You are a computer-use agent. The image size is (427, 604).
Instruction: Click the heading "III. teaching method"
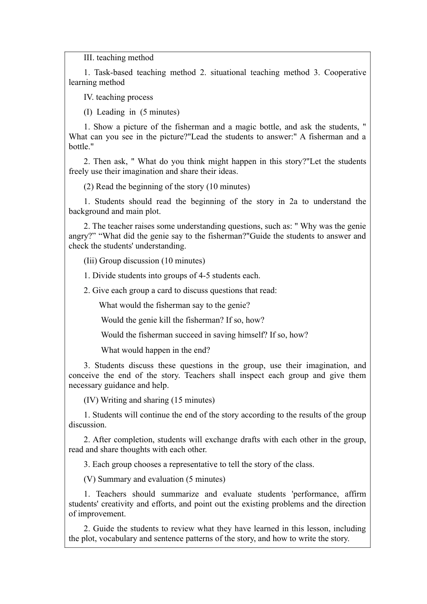coord(119,58)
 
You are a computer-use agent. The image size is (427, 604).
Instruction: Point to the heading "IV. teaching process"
coord(118,97)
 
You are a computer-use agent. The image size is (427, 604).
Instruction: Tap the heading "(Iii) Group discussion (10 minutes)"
coord(144,261)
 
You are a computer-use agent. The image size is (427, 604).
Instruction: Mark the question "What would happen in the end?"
coord(156,350)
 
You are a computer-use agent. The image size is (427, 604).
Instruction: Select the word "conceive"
coord(84,375)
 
